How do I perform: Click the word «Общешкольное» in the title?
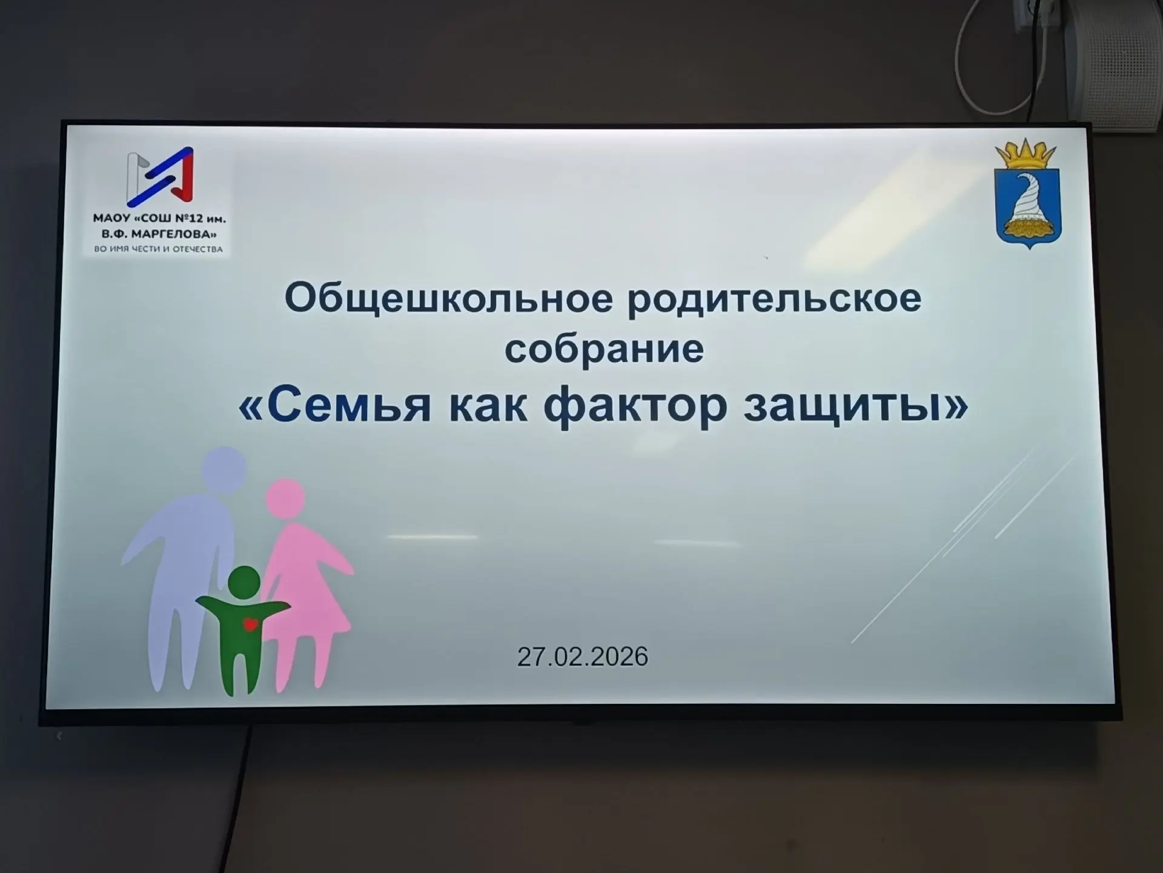449,298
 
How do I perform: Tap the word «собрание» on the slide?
605,349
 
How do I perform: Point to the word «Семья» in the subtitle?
349,405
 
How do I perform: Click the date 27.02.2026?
583,657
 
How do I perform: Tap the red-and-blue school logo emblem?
160,176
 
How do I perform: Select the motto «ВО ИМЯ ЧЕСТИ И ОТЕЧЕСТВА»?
159,249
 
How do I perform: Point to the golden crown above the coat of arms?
1026,154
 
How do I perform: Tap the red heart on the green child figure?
250,624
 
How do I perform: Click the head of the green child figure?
244,582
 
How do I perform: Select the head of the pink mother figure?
285,498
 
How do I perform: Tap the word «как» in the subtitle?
488,406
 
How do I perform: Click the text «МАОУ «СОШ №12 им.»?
159,218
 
